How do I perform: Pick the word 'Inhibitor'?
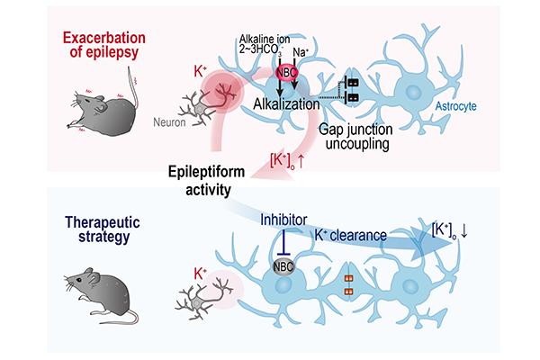(x=282, y=218)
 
